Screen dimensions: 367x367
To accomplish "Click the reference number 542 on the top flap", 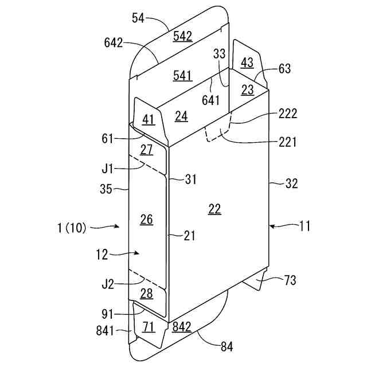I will tap(182, 36).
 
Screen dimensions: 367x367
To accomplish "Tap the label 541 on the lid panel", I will tap(182, 75).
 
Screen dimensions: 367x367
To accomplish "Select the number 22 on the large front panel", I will tap(214, 209).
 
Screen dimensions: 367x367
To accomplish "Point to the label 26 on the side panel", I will tap(147, 219).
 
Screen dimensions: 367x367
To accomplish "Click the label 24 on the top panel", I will tap(181, 116).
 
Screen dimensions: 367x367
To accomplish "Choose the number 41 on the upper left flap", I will tap(149, 120).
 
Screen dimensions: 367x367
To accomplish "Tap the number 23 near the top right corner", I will tap(247, 89).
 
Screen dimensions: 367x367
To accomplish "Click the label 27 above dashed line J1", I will tap(147, 150).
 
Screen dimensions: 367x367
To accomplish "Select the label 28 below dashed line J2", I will tap(147, 294).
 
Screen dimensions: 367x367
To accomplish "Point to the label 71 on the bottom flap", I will tap(149, 327).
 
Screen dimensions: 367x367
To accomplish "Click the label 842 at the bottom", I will tap(182, 327).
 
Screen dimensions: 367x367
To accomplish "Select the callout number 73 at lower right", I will tap(291, 280).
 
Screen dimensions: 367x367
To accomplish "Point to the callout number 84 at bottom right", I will tap(227, 346).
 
